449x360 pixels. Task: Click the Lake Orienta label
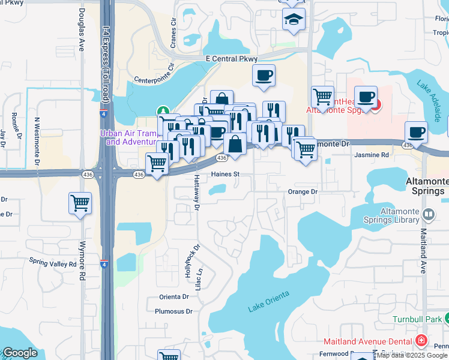coord(269,301)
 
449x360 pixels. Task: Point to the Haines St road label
coord(225,175)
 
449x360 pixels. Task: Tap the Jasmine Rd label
coord(372,155)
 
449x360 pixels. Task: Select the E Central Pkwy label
coord(231,59)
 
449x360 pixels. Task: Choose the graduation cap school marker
coord(294,20)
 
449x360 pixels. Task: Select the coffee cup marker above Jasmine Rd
coord(416,133)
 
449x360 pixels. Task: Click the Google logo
coord(20,353)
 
